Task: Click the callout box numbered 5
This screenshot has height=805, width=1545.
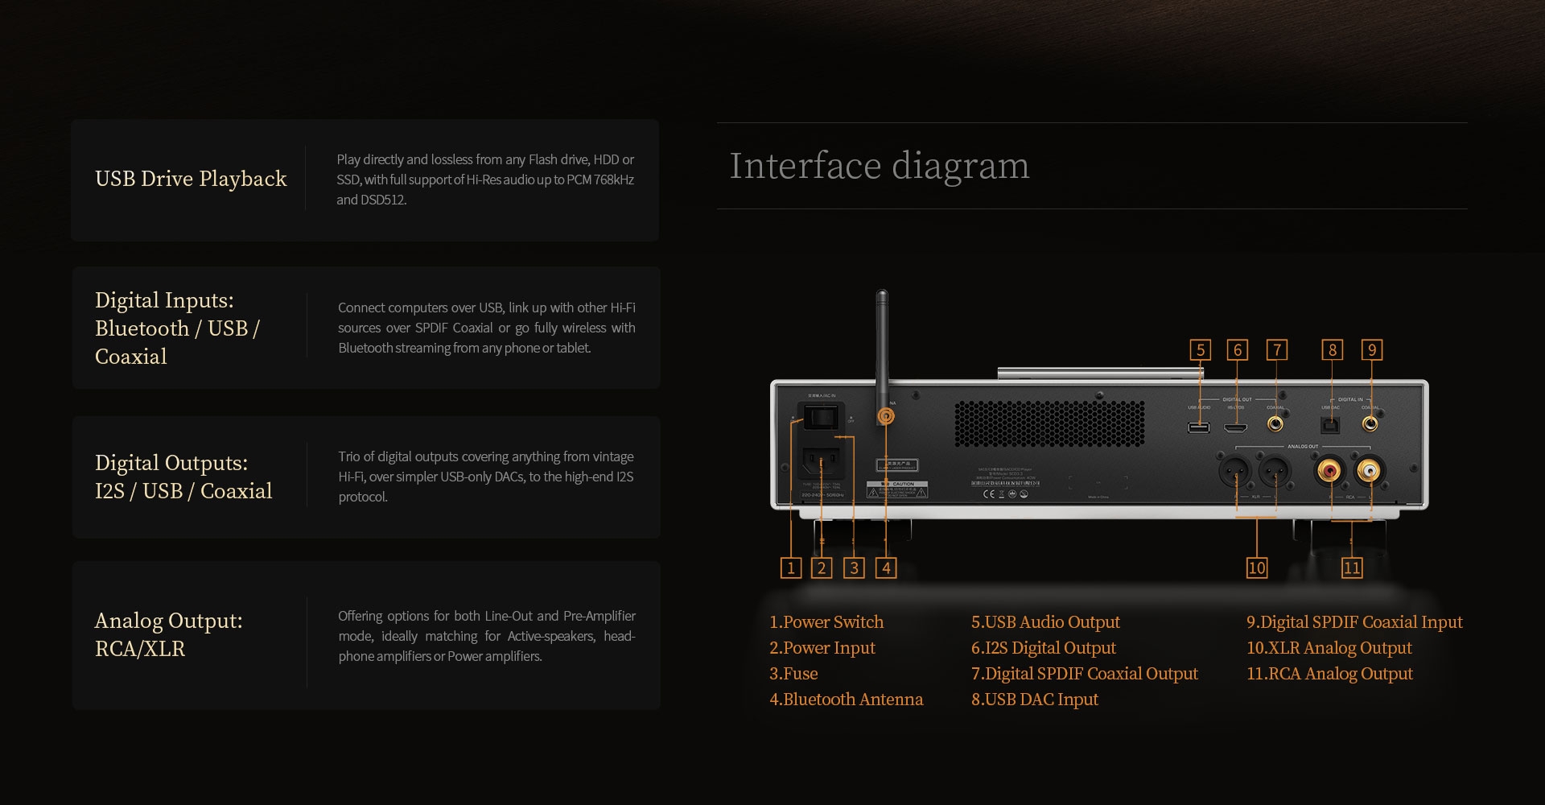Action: coord(1200,349)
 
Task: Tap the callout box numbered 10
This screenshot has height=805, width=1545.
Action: coord(1256,568)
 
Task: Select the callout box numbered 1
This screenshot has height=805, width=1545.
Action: coord(790,568)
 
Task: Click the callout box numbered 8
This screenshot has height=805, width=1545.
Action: coord(1332,349)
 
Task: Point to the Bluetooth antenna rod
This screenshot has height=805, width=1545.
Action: coord(882,346)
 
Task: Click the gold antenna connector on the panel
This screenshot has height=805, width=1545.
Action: coord(886,416)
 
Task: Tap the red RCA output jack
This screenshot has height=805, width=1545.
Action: coord(1329,469)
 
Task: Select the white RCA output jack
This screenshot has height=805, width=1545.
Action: coord(1369,469)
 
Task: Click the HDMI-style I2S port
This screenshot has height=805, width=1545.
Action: coord(1236,426)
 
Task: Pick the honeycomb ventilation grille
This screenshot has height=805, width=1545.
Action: coord(1049,423)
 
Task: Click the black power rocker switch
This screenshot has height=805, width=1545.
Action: coord(822,416)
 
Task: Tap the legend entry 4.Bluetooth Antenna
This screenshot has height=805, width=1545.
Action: coord(846,699)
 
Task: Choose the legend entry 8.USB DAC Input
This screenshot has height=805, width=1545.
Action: coord(1034,699)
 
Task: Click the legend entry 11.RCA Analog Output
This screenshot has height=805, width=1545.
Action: coord(1329,673)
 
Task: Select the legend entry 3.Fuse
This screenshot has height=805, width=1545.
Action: coord(793,673)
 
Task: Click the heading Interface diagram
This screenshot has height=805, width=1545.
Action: coord(879,166)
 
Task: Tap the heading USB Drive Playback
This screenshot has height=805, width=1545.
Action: coord(191,179)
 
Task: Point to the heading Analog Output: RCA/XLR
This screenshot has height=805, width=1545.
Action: coord(168,634)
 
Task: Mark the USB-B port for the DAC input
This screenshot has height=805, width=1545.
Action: coord(1330,425)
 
